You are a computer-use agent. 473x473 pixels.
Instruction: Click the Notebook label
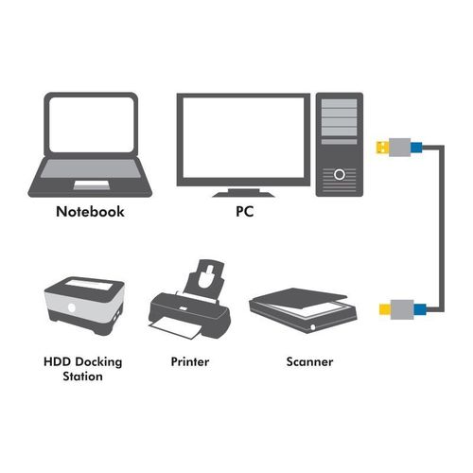90,211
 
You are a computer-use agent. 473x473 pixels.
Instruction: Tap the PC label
245,211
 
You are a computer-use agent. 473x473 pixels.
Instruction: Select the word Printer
190,361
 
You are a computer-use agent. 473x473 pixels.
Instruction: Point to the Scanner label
309,361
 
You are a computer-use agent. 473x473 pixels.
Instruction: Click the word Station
82,377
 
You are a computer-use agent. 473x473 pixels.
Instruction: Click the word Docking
98,362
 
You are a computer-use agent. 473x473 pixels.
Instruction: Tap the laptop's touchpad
92,185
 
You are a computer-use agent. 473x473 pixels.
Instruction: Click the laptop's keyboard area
91,168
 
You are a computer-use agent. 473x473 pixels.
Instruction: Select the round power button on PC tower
340,174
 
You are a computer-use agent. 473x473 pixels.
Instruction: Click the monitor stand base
243,195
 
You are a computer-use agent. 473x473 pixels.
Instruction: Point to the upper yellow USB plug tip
382,148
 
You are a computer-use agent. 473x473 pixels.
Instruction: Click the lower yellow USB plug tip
385,309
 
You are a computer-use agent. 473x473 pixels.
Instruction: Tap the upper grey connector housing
400,148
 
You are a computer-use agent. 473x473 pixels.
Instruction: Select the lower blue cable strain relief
420,309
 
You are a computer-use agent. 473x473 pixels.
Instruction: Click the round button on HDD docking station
72,307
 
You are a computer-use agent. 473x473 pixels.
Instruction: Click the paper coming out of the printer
175,327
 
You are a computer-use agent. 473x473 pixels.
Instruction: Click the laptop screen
92,125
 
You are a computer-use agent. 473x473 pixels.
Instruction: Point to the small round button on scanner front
312,327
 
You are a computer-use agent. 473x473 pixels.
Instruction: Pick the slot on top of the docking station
89,286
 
